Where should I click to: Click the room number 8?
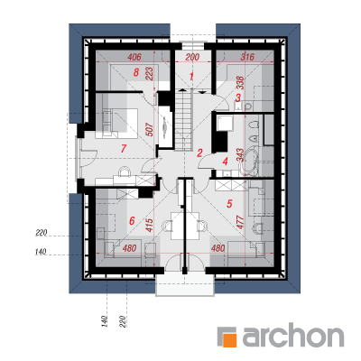pyautogui.click(x=136, y=72)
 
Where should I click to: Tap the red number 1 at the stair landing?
pyautogui.click(x=191, y=77)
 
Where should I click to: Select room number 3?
pyautogui.click(x=238, y=98)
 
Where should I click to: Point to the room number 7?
pyautogui.click(x=123, y=149)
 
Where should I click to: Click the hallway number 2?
pyautogui.click(x=199, y=153)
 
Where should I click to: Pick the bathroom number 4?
pyautogui.click(x=226, y=162)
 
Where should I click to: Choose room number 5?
pyautogui.click(x=229, y=204)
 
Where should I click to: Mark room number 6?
pyautogui.click(x=132, y=221)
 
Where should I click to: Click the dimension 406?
pyautogui.click(x=134, y=57)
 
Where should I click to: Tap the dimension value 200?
pyautogui.click(x=192, y=57)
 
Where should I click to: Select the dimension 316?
pyautogui.click(x=247, y=57)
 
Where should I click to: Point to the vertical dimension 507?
pyautogui.click(x=151, y=130)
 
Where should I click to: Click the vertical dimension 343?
pyautogui.click(x=241, y=155)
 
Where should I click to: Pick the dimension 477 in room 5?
pyautogui.click(x=241, y=222)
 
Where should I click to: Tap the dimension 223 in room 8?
pyautogui.click(x=150, y=74)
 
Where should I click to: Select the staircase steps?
pyautogui.click(x=183, y=121)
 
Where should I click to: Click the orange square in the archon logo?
pyautogui.click(x=229, y=340)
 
